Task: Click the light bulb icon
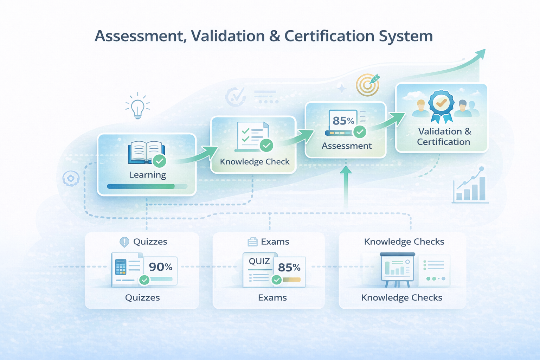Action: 138,107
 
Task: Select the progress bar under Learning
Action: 147,186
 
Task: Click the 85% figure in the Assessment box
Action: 343,121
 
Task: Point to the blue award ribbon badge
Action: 441,105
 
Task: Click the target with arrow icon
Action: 368,84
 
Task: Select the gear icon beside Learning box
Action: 71,179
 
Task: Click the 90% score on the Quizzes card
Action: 161,267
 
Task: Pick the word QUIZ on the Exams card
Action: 259,261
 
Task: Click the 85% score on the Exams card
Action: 289,268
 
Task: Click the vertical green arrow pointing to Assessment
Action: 346,186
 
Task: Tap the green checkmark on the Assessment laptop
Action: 360,132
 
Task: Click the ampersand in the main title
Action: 275,36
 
